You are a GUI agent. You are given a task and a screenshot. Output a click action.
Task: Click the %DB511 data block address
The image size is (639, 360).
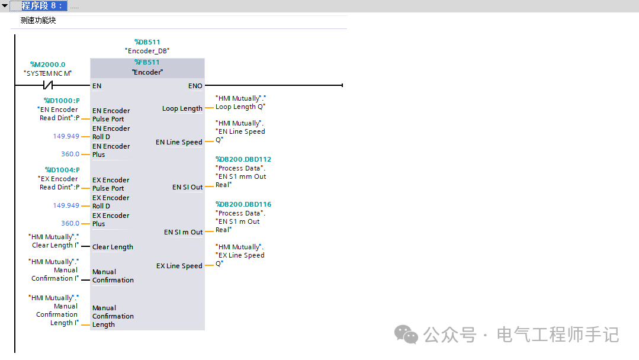[147, 42]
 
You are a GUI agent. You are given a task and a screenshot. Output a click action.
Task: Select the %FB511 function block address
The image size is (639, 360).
[147, 62]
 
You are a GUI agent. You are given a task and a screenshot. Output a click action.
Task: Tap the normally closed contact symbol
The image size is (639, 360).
[48, 85]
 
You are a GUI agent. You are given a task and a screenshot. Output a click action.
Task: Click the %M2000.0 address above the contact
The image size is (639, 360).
[48, 65]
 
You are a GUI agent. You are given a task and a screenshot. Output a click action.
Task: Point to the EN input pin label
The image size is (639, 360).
[97, 86]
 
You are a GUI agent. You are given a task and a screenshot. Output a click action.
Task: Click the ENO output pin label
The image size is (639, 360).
[195, 86]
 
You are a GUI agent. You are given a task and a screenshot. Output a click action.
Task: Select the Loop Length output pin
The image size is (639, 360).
[182, 108]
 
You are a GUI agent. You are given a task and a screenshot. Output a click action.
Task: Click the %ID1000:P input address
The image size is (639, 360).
[62, 101]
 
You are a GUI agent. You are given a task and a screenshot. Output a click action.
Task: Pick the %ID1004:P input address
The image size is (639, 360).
[62, 170]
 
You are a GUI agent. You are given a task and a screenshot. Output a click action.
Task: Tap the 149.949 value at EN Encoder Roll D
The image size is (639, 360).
[66, 136]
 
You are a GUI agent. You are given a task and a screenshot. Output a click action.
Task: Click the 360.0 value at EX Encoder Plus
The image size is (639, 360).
[70, 223]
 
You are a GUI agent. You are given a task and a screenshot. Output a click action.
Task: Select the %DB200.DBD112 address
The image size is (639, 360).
[243, 159]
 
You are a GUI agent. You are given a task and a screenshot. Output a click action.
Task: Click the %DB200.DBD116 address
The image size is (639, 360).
[243, 204]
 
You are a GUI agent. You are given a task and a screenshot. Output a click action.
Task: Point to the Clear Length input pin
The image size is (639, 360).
[113, 247]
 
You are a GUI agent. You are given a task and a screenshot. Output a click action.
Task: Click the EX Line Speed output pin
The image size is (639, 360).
[179, 266]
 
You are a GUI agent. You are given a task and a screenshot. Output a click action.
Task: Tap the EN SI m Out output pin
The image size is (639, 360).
[184, 232]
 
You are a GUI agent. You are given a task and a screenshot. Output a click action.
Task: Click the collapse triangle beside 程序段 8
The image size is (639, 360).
[5, 6]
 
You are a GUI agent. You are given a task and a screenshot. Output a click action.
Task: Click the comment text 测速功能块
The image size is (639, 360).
[38, 20]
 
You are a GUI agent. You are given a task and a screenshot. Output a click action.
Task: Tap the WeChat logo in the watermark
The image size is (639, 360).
[406, 335]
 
